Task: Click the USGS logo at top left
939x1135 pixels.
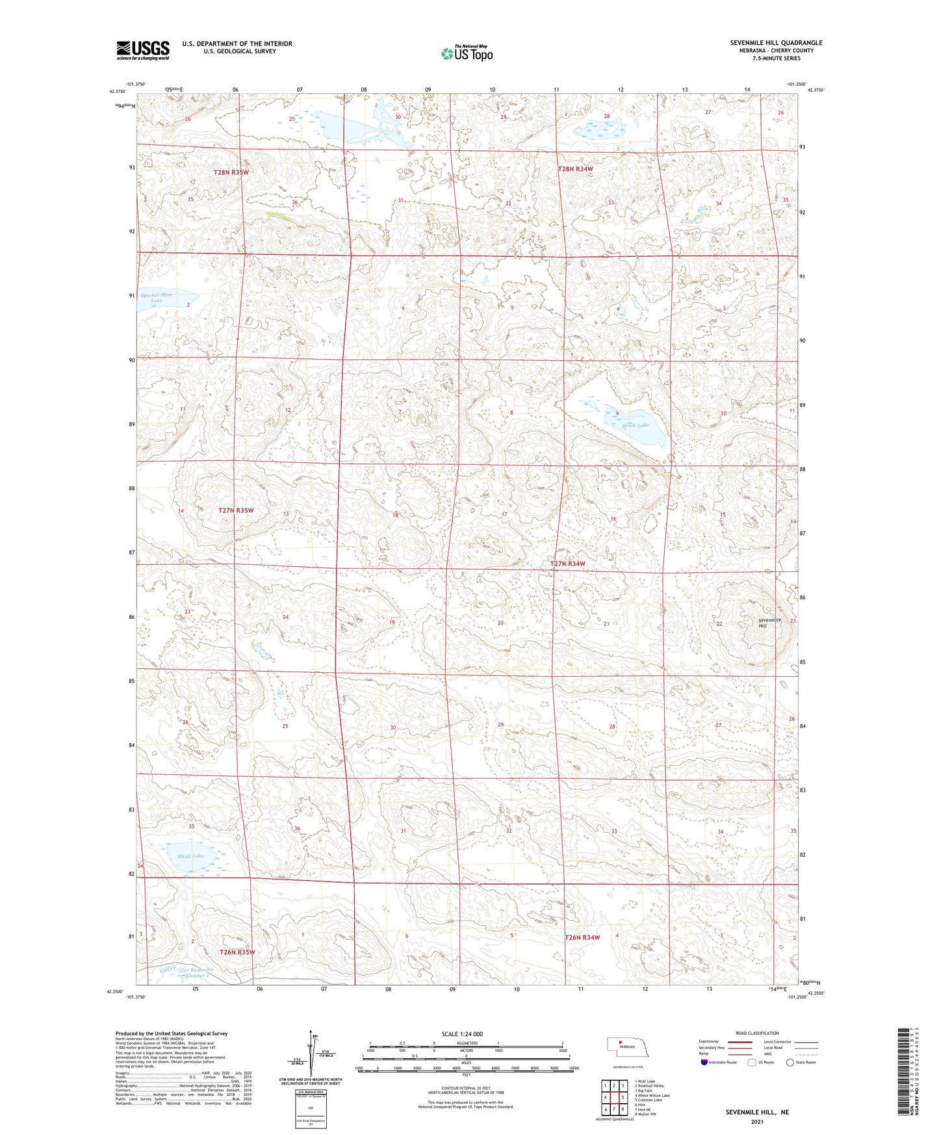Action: (143, 50)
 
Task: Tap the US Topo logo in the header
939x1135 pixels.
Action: (467, 54)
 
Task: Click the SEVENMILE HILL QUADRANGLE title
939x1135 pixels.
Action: (776, 43)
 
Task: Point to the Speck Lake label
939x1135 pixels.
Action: (635, 425)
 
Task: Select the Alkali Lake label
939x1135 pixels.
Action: (189, 856)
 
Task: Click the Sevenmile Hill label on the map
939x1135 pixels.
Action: (769, 623)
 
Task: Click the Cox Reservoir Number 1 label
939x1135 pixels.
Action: (194, 972)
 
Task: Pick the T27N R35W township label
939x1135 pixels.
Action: (235, 510)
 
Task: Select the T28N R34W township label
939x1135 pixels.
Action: (575, 169)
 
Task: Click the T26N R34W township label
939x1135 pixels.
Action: (582, 937)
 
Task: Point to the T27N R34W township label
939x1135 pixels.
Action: (568, 564)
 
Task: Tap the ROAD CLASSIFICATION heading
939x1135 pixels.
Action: (756, 1033)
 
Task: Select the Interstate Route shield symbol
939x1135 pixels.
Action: (704, 1062)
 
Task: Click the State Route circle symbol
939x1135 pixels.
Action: (790, 1062)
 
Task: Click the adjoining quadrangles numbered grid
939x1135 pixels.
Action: (613, 1099)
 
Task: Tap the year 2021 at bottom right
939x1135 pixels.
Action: (756, 1121)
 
